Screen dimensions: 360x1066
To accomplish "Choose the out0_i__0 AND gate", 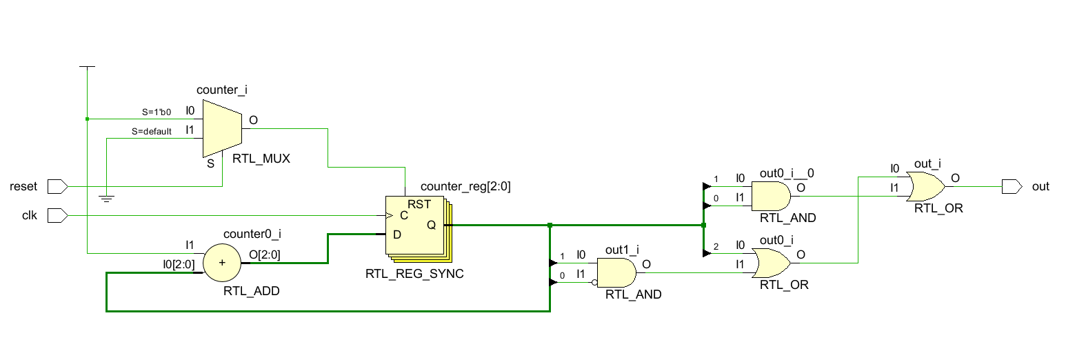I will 770,196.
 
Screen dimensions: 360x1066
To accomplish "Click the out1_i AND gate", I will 615,272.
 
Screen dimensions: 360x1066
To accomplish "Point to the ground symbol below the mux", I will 105,199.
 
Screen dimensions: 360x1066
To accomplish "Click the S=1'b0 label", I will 156,111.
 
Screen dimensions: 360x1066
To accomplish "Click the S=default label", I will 152,131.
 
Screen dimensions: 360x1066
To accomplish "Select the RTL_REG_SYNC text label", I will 414,274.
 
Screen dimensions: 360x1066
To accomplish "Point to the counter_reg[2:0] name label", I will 465,186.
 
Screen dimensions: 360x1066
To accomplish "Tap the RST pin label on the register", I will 419,204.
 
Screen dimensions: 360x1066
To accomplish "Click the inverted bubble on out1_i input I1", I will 592,282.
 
